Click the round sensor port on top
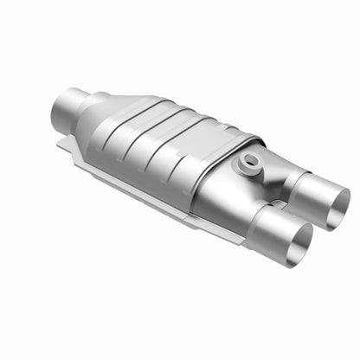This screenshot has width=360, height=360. pyautogui.click(x=250, y=159)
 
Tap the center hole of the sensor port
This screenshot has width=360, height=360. pyautogui.click(x=250, y=158)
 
